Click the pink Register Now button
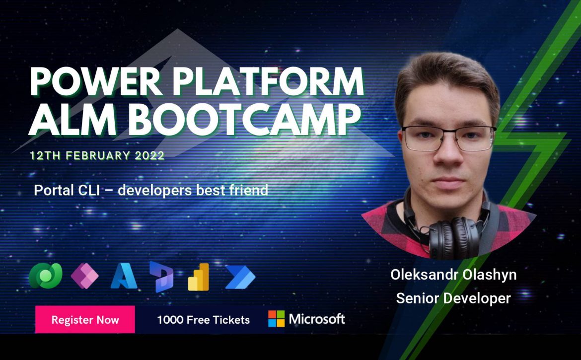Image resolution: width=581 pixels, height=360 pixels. point(85,319)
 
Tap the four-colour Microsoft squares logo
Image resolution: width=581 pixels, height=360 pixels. point(277,319)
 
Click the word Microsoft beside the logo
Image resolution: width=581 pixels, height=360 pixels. point(317,319)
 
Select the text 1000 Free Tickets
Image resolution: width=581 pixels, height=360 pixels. point(204,320)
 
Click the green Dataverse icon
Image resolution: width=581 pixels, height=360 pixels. point(46,276)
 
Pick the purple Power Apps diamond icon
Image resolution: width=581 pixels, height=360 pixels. point(85,276)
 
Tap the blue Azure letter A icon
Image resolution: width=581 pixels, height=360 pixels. point(124,276)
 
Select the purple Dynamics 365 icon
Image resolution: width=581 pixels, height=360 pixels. point(161,277)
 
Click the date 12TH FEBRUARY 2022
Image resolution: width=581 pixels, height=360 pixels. point(97,155)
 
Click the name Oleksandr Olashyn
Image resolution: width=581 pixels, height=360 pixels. point(453,275)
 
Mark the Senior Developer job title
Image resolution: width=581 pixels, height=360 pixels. point(453,298)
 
